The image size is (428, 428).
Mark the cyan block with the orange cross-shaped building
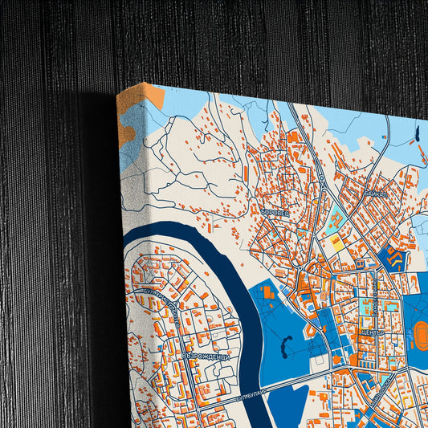point(332,220)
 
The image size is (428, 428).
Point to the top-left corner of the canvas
point(117,93)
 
